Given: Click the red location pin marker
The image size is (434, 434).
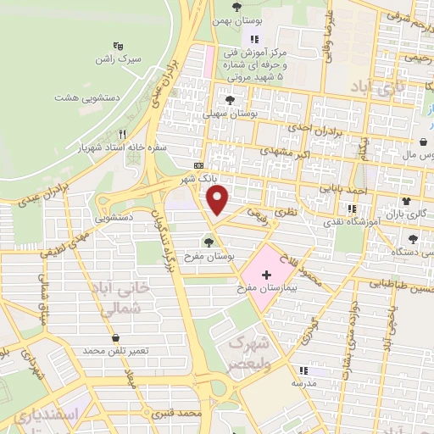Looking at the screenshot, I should [x=219, y=200].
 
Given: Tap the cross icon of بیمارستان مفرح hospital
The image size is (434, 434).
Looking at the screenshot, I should [x=268, y=275].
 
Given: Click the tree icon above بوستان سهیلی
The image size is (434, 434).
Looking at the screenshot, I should [x=228, y=99].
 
